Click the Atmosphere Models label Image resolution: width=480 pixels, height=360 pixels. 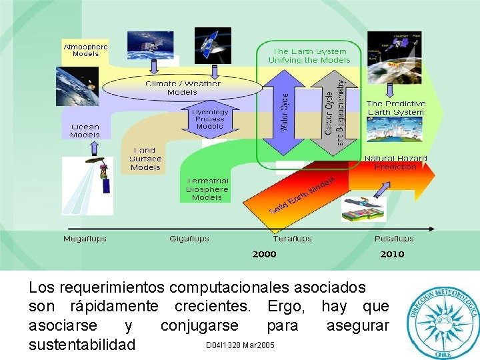pyautogui.click(x=85, y=50)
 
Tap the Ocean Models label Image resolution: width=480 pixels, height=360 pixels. pyautogui.click(x=85, y=130)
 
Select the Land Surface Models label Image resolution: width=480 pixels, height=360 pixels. pyautogui.click(x=145, y=159)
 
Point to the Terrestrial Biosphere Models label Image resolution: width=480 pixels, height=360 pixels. pyautogui.click(x=207, y=189)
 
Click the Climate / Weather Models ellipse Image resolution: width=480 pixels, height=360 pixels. pyautogui.click(x=182, y=88)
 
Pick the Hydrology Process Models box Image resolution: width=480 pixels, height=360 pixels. pyautogui.click(x=210, y=119)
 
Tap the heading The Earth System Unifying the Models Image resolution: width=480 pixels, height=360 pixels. pyautogui.click(x=309, y=55)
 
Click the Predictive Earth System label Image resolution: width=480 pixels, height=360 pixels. pyautogui.click(x=395, y=108)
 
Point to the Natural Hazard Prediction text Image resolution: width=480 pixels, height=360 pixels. pyautogui.click(x=395, y=163)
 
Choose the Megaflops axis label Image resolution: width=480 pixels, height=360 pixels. pyautogui.click(x=85, y=239)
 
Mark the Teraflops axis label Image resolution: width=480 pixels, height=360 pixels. pyautogui.click(x=292, y=239)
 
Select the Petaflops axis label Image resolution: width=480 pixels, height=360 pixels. pyautogui.click(x=394, y=239)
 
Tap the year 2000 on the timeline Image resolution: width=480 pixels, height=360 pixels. pyautogui.click(x=264, y=254)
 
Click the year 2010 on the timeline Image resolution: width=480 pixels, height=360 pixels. pyautogui.click(x=392, y=254)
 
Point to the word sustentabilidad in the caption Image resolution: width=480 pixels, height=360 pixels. pyautogui.click(x=82, y=345)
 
